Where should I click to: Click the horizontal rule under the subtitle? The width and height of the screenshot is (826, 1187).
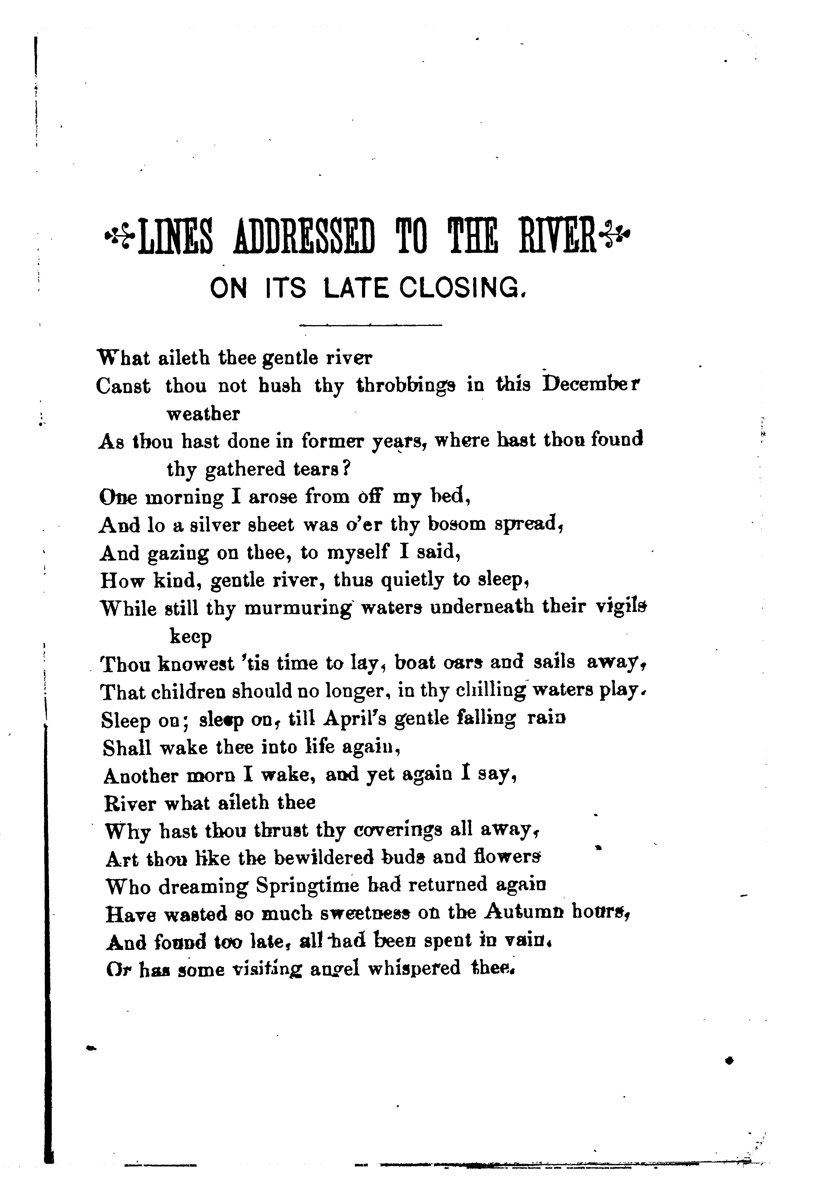[370, 325]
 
